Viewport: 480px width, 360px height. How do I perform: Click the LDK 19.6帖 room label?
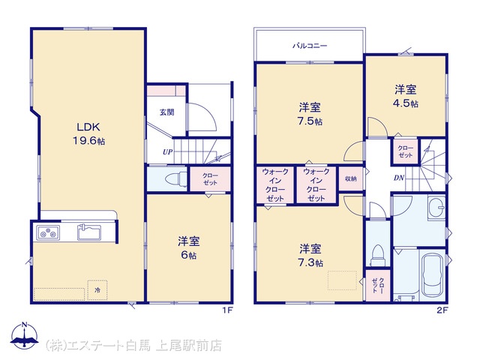pyautogui.click(x=88, y=133)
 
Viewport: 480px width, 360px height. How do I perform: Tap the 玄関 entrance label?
pyautogui.click(x=166, y=112)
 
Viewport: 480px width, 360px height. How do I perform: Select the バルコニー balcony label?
pyautogui.click(x=310, y=46)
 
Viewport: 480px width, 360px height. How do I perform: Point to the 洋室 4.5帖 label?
pyautogui.click(x=405, y=97)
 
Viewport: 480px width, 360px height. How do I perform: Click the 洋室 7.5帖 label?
pyautogui.click(x=310, y=114)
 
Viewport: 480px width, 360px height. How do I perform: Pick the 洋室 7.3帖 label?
pyautogui.click(x=310, y=255)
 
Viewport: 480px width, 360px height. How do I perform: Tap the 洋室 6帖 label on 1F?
pyautogui.click(x=188, y=248)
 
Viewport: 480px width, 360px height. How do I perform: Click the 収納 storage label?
pyautogui.click(x=351, y=178)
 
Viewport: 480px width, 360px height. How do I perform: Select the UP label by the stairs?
pyautogui.click(x=167, y=151)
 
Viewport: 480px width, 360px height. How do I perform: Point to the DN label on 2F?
pyautogui.click(x=399, y=178)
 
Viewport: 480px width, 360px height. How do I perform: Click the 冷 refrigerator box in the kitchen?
pyautogui.click(x=97, y=290)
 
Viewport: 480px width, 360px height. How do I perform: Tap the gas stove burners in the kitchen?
pyautogui.click(x=48, y=232)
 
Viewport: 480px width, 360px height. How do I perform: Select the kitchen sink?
pyautogui.click(x=88, y=232)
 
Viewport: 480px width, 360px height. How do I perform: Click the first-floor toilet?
pyautogui.click(x=176, y=178)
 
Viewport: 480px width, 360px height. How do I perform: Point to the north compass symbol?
pyautogui.click(x=25, y=335)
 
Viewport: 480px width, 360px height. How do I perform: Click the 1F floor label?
pyautogui.click(x=228, y=310)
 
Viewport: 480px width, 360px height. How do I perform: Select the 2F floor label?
pyautogui.click(x=442, y=310)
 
